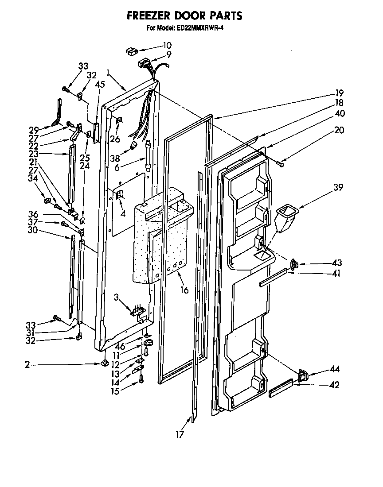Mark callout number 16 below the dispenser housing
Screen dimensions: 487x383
(x=184, y=290)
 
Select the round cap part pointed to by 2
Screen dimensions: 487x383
(x=105, y=364)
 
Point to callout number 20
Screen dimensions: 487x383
(x=339, y=131)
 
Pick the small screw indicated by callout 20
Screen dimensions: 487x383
(x=280, y=164)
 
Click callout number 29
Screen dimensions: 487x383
(x=33, y=130)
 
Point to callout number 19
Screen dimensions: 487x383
(x=339, y=93)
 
